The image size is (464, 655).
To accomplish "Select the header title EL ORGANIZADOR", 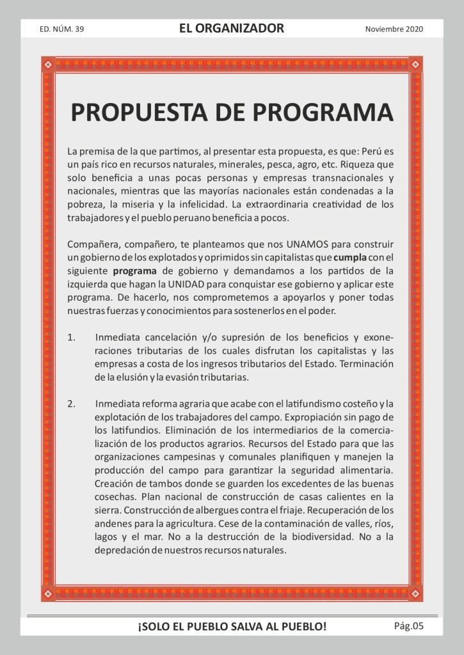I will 232,28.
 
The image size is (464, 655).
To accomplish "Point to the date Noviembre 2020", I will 394,29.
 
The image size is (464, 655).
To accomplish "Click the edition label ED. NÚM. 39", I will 62,29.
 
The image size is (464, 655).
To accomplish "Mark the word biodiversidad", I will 319,537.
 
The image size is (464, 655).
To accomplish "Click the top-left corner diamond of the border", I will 48,64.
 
